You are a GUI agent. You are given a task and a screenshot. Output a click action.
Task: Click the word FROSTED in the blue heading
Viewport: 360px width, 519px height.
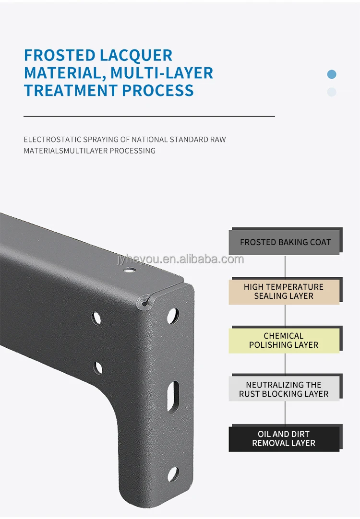[60, 55]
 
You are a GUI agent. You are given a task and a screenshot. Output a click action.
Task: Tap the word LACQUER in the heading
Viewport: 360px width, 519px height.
[136, 55]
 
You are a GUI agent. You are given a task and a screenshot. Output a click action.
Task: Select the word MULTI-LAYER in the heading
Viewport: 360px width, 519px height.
[162, 73]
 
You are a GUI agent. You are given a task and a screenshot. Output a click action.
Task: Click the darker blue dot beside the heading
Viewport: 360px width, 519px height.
[332, 74]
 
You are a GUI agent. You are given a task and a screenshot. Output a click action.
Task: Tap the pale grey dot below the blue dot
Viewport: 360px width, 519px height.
[332, 92]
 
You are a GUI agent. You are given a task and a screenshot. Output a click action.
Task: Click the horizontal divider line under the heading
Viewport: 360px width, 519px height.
[149, 117]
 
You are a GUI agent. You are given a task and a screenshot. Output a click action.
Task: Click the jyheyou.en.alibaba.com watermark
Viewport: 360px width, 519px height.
[180, 259]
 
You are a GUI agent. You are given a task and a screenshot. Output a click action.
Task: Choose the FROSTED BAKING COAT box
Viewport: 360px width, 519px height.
[286, 241]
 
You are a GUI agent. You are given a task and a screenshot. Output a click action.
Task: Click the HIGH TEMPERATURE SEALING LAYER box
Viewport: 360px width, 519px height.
[286, 291]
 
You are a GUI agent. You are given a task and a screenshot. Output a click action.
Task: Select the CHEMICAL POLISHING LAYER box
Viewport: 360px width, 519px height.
[286, 340]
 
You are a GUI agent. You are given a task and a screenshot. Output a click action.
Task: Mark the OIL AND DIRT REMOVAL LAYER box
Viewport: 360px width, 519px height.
[286, 438]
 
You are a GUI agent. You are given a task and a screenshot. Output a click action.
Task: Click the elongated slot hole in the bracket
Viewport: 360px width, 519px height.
[173, 397]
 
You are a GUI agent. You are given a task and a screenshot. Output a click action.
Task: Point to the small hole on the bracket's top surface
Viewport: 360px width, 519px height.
[130, 270]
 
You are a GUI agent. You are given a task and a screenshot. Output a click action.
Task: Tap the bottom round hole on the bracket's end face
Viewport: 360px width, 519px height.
[173, 474]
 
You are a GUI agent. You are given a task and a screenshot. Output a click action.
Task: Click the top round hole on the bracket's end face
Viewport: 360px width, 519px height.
[173, 316]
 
